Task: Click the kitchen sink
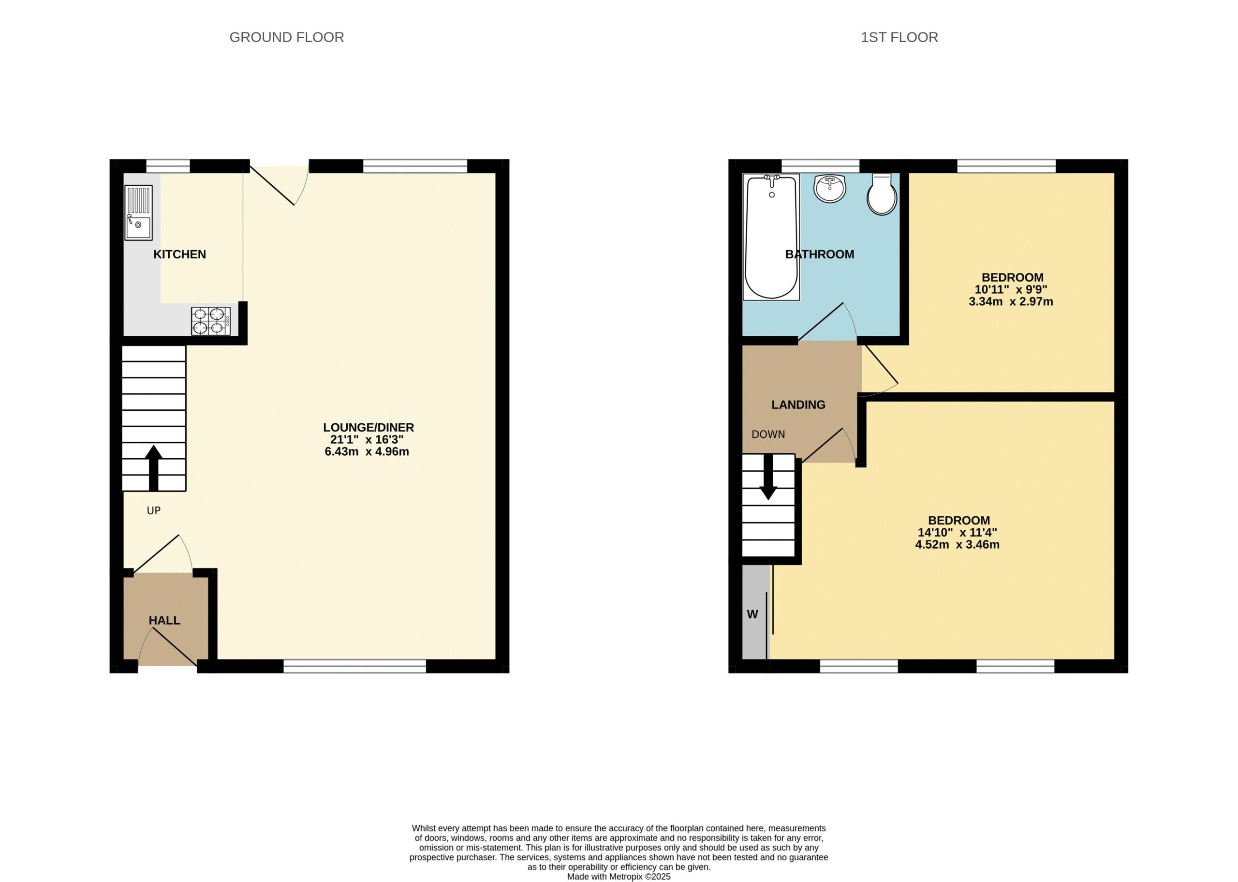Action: click(138, 212)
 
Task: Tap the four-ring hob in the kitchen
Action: click(210, 321)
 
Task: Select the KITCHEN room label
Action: click(179, 254)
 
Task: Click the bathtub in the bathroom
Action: click(771, 238)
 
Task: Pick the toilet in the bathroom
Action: click(882, 194)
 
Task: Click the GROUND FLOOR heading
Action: click(287, 37)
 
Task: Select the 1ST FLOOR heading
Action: click(899, 37)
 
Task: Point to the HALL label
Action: click(164, 620)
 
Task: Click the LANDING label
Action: click(798, 404)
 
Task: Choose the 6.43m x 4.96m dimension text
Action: click(367, 451)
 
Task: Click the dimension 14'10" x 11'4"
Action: click(958, 533)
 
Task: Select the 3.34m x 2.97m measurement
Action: click(1011, 301)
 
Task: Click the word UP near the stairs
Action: click(154, 510)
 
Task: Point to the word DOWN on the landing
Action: click(768, 434)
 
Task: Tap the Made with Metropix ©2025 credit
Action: click(619, 877)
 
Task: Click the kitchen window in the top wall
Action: click(168, 165)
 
